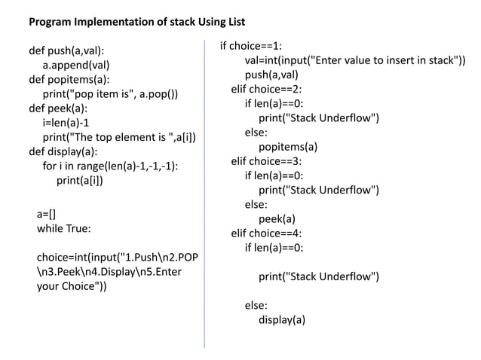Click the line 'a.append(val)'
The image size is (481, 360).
point(76,66)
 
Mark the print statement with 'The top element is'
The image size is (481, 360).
point(120,137)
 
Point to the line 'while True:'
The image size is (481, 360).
point(63,228)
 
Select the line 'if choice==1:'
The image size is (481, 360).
point(250,46)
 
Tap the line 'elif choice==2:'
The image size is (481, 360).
point(266,89)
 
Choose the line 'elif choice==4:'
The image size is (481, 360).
point(266,233)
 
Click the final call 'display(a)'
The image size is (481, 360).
point(282,319)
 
